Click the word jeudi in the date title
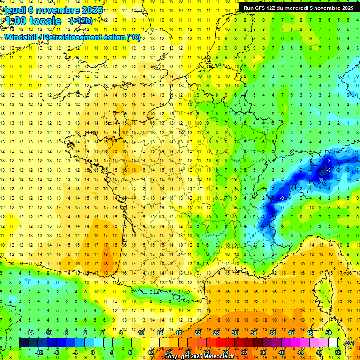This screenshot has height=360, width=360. pos(15,10)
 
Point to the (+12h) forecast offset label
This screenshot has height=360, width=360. pos(81,21)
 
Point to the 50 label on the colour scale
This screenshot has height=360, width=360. pos(329,333)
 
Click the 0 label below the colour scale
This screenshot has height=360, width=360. pos(93,352)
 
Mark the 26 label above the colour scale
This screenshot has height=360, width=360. pos(216,333)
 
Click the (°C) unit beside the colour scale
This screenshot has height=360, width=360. pos(349,343)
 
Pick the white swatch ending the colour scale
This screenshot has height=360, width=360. pos(333,343)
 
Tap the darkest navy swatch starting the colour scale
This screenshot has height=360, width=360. pos(23,343)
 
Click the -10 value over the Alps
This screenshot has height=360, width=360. pos(321,180)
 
